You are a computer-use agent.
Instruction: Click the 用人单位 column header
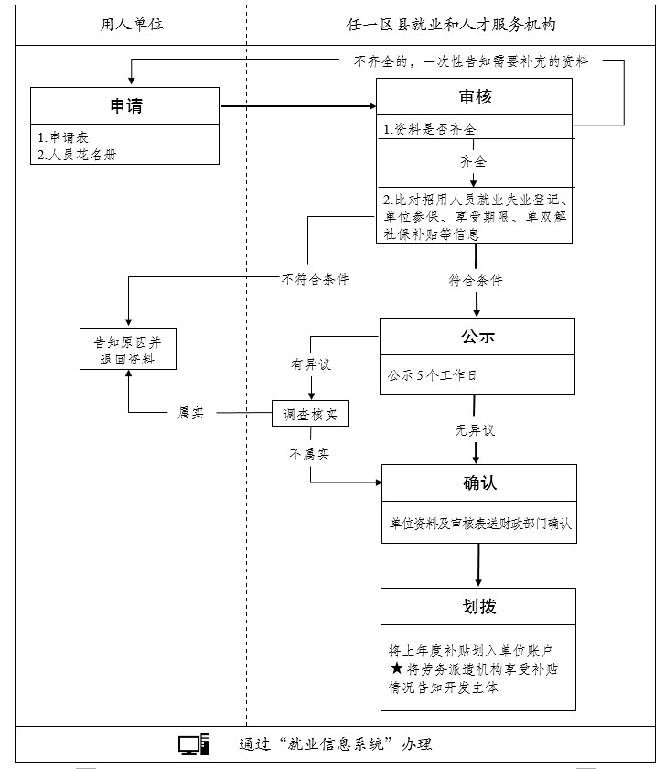132,25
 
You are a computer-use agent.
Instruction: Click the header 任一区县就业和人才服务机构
453,25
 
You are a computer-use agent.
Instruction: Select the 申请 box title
125,106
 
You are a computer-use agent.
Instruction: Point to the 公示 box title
477,336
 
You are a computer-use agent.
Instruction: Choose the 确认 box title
478,482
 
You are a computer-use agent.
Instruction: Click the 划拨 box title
478,606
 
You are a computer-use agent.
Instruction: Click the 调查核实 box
310,414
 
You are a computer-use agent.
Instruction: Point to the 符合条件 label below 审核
475,279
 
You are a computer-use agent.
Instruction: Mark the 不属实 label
309,453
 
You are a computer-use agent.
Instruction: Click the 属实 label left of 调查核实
189,414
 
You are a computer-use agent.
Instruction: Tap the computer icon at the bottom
194,744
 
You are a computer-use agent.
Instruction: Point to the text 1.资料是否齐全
429,129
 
